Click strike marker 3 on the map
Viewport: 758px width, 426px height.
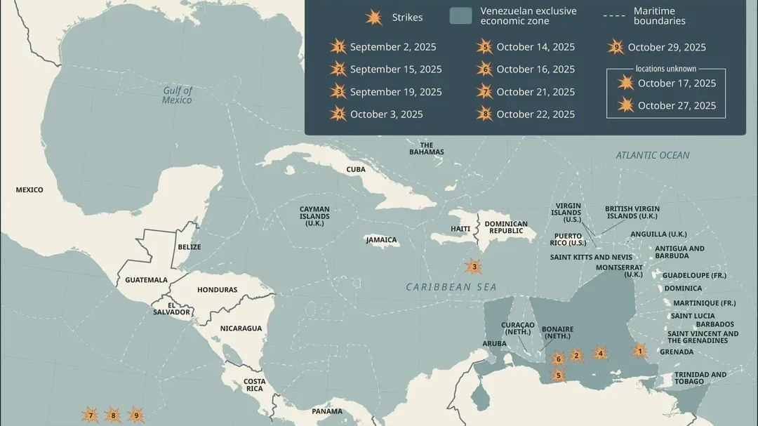[474, 267]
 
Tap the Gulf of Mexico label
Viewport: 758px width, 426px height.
[177, 95]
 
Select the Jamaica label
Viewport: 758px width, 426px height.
[382, 240]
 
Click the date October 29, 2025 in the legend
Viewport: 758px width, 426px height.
[667, 47]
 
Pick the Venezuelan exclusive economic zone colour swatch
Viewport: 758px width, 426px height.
[460, 16]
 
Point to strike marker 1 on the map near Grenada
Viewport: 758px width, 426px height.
[639, 350]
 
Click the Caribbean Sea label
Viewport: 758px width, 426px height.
[451, 287]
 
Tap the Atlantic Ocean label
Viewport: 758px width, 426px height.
[652, 155]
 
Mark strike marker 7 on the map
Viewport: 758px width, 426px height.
[90, 415]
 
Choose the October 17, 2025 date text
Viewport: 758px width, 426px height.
[677, 83]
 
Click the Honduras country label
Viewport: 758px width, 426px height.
[217, 290]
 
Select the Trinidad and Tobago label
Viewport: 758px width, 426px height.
[700, 378]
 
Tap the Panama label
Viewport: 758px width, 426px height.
[327, 411]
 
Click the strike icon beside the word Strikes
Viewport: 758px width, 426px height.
[373, 18]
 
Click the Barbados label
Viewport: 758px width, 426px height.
[714, 324]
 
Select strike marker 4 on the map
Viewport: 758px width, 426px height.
[599, 353]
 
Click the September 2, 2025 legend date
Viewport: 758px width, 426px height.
[393, 47]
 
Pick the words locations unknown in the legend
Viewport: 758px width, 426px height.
[666, 69]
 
